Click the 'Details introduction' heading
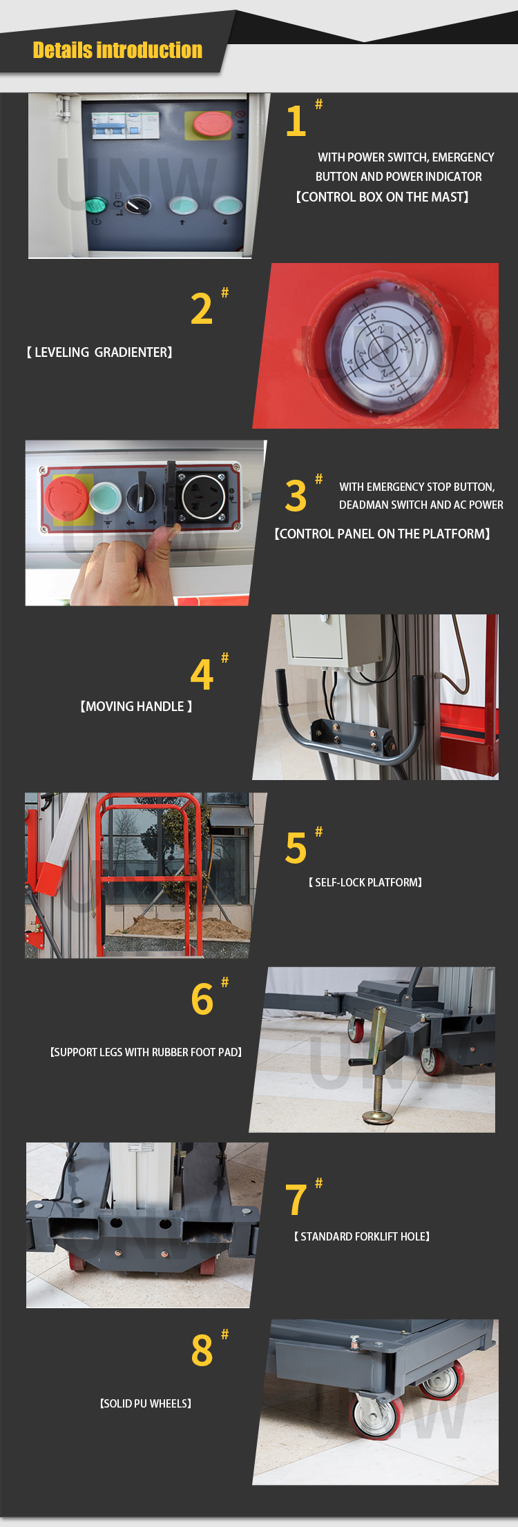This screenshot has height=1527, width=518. (117, 50)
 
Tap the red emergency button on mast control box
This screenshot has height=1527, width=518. (212, 124)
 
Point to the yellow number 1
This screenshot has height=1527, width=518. (296, 121)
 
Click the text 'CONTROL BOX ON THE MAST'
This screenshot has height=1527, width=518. (382, 197)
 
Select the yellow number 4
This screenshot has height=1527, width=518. (202, 674)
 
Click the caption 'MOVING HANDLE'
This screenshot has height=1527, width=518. (136, 707)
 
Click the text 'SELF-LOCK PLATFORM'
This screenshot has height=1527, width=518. (365, 883)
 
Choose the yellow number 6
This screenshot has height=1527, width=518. (202, 1000)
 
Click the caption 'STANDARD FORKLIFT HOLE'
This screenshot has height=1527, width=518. (362, 1237)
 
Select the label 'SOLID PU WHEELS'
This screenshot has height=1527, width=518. (146, 1404)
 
